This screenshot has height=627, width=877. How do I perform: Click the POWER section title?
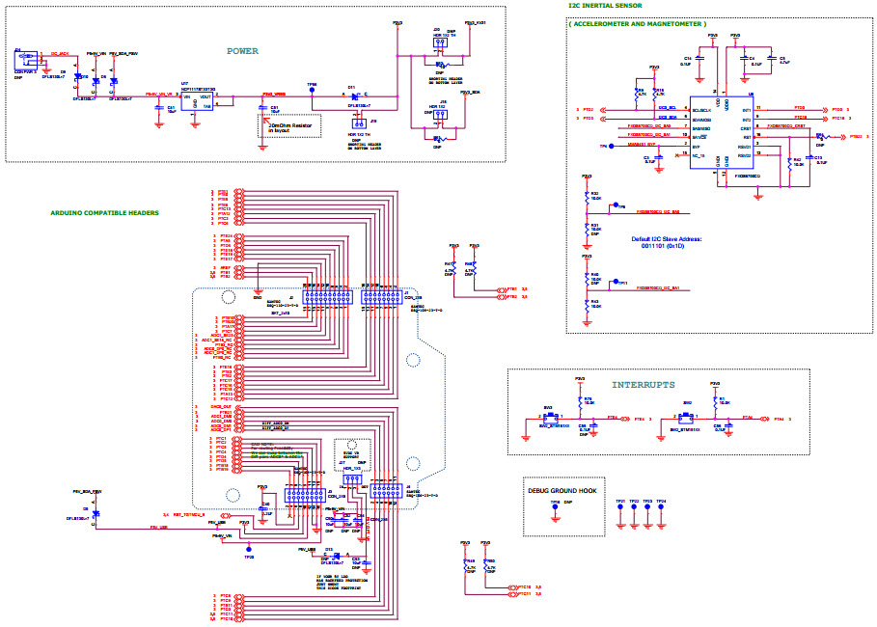pyautogui.click(x=242, y=51)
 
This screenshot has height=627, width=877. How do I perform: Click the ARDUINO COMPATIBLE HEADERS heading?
pyautogui.click(x=104, y=212)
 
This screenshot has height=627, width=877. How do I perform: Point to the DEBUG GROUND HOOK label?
pyautogui.click(x=563, y=491)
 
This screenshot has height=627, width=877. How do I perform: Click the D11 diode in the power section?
pyautogui.click(x=353, y=95)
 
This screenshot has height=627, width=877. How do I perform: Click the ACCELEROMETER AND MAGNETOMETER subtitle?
pyautogui.click(x=637, y=23)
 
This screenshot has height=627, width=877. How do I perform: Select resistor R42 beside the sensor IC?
pyautogui.click(x=790, y=163)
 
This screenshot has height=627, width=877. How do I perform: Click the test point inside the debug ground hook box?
pyautogui.click(x=555, y=509)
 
